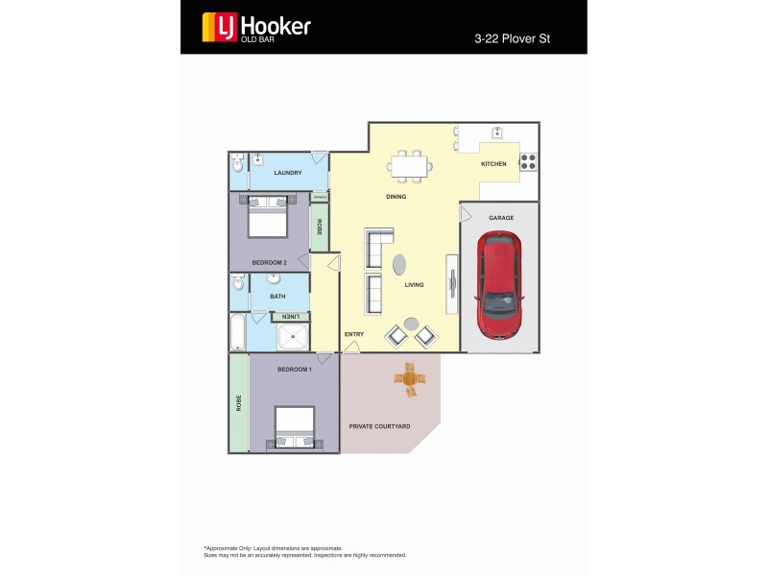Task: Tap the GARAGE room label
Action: pos(501,218)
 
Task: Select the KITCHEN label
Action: pos(493,164)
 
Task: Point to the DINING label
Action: pos(396,197)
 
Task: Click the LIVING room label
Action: pos(414,285)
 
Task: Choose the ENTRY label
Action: pos(354,334)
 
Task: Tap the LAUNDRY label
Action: pos(288,173)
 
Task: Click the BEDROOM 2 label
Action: pos(269,262)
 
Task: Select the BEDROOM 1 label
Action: pos(295,370)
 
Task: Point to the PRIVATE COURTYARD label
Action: pos(379,426)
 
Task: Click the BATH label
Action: pos(277,297)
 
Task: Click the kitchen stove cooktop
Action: pos(529,162)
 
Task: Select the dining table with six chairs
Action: pos(409,165)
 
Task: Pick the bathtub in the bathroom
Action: pos(238,333)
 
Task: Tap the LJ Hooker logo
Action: pos(256,27)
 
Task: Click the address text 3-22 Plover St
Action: pos(517,39)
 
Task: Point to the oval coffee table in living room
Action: pos(400,264)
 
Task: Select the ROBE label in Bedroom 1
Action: pos(238,403)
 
